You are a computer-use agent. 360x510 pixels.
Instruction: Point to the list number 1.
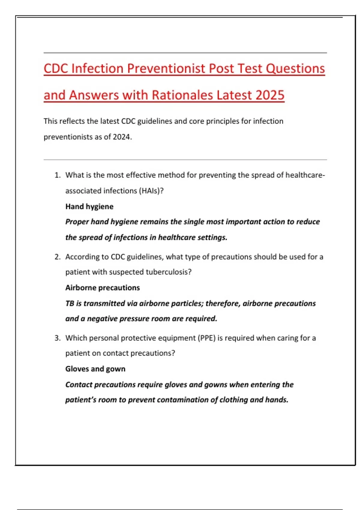[57, 175]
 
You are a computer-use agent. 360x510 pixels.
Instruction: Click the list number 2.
[57, 257]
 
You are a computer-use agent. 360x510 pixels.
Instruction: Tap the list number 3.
[57, 338]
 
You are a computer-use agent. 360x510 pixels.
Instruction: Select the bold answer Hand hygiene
[89, 206]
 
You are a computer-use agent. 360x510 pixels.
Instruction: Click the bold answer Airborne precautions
[103, 288]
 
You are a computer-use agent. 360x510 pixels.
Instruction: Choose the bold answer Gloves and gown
[95, 369]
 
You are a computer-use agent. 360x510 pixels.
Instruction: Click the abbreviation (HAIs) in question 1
[151, 191]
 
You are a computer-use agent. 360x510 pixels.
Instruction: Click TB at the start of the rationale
[70, 303]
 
